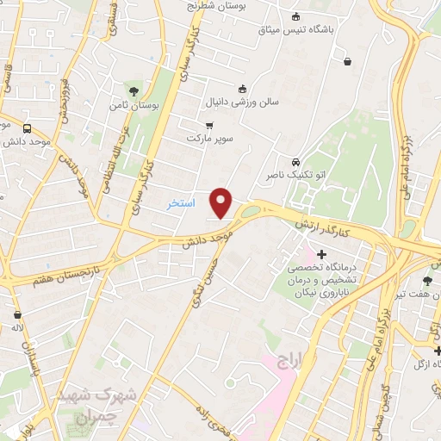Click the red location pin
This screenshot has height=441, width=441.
[222, 202]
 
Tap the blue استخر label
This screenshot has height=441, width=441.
[182, 204]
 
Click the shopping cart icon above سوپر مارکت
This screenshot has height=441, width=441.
[209, 125]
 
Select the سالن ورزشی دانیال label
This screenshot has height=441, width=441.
[242, 102]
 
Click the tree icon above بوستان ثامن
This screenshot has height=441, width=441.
[133, 90]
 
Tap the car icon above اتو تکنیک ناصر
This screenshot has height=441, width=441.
[295, 161]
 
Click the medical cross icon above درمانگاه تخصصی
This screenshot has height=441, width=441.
[322, 254]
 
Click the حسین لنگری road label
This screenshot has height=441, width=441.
[198, 285]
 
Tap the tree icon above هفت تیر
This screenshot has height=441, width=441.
[427, 280]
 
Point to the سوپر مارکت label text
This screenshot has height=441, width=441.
[212, 139]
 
